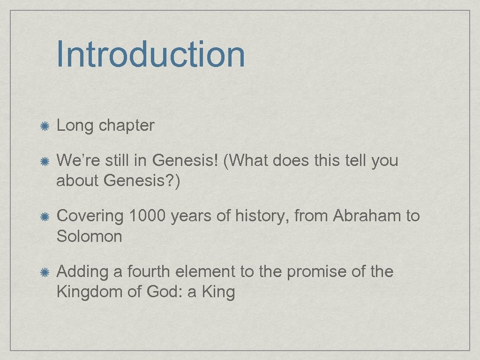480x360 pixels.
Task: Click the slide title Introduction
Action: [x=150, y=54]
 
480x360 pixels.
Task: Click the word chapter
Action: [x=127, y=126]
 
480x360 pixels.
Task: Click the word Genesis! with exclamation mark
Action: [x=186, y=161]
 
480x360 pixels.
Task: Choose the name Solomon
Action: [x=89, y=236]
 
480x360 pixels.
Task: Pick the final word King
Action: [x=218, y=292]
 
